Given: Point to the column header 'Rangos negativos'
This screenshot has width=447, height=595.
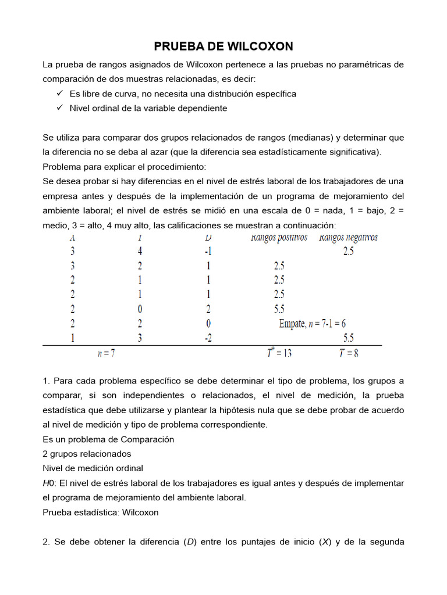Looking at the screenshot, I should click(348, 237).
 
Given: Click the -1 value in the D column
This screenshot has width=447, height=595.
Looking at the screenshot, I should click(208, 252).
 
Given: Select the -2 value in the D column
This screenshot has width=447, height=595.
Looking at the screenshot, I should click(208, 338).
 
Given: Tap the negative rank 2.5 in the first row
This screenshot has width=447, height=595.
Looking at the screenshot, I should click(347, 252).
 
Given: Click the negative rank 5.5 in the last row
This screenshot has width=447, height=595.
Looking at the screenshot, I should click(347, 338).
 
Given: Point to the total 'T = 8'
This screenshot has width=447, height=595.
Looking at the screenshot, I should click(348, 353).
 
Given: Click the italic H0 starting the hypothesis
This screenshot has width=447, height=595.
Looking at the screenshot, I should click(48, 483).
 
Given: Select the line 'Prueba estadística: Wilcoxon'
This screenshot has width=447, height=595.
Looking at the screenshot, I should click(100, 512).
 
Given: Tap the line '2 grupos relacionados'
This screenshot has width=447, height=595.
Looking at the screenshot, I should click(87, 453).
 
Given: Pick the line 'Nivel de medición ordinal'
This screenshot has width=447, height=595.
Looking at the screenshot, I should click(93, 468).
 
